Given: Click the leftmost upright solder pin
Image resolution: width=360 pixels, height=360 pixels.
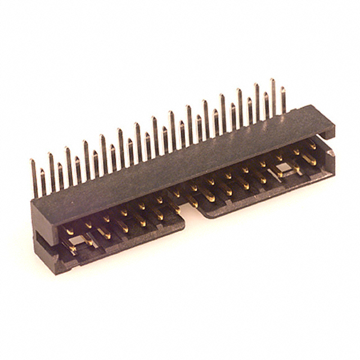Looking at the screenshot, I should (x=34, y=177).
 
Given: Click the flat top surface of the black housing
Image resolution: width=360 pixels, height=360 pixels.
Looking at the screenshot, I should (x=180, y=163).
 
